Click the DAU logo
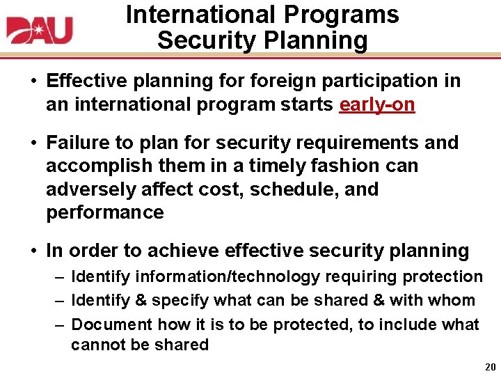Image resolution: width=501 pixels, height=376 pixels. pos(40,30)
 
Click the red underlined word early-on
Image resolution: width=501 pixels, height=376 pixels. pos(376,104)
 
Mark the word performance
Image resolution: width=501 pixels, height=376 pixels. pos(104,212)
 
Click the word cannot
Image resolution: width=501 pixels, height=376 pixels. pos(96,345)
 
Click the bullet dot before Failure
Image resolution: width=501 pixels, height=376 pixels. pos(33,143)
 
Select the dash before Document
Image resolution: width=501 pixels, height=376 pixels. pos(61,324)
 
